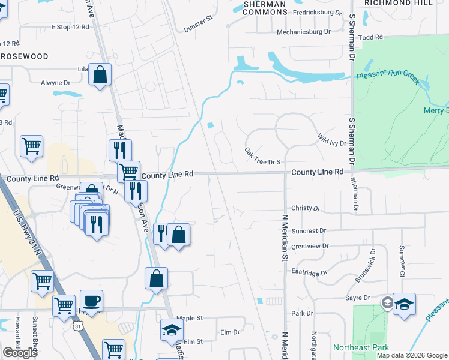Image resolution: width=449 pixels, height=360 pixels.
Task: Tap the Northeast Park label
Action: click(x=361, y=347)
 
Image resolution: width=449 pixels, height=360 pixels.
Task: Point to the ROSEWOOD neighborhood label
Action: click(x=24, y=56)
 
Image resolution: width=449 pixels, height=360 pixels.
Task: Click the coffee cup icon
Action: click(x=91, y=301)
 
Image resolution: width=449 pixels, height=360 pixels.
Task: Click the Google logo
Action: click(x=20, y=353)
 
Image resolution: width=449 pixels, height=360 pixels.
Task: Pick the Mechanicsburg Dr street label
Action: click(x=304, y=32)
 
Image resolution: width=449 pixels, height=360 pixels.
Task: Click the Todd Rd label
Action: click(x=370, y=37)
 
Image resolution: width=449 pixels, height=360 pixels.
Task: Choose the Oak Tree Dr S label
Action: click(x=263, y=155)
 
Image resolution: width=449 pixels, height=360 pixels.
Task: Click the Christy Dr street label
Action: click(x=306, y=208)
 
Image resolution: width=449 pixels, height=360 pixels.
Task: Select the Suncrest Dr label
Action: click(x=308, y=230)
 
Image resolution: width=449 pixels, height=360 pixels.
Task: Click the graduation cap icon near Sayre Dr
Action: click(x=405, y=304)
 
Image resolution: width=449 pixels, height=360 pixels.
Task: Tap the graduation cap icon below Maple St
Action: click(x=172, y=330)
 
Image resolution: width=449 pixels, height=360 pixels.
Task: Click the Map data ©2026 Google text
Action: click(x=412, y=355)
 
